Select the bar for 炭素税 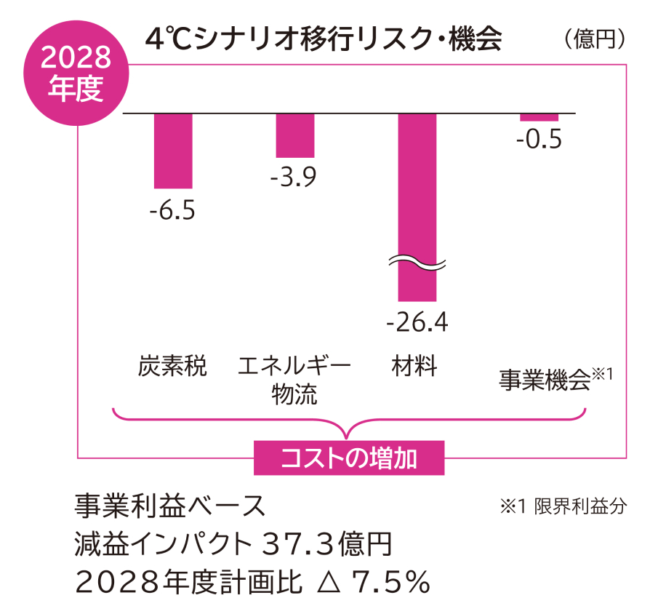tap(173, 151)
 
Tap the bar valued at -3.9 tap(294, 135)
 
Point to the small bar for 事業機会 tap(539, 117)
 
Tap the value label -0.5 tap(539, 139)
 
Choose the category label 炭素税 tap(172, 366)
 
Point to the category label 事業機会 tap(544, 380)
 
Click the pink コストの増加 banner tap(348, 458)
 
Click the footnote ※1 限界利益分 tap(561, 506)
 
